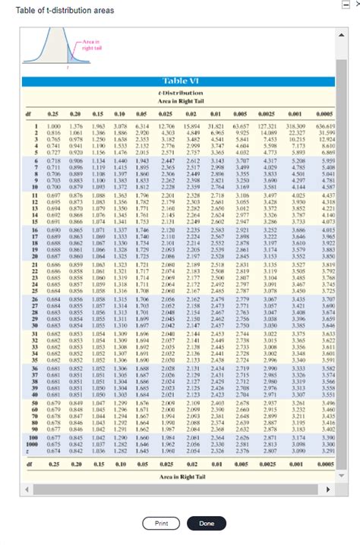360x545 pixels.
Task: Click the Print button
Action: (162, 524)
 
